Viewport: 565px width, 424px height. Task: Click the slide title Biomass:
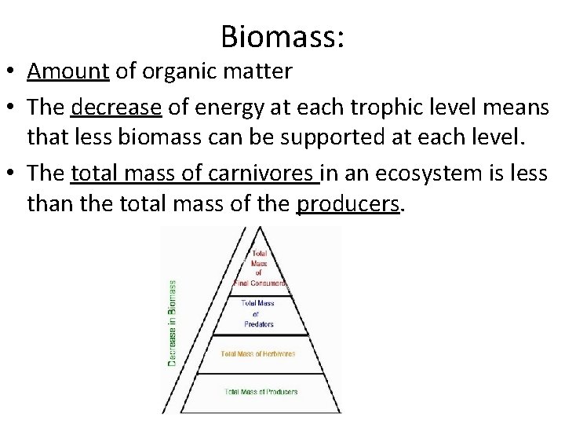click(282, 35)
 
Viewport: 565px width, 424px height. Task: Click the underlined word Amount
click(67, 71)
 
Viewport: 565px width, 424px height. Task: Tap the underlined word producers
click(348, 205)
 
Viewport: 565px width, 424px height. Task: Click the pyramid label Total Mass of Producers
click(261, 392)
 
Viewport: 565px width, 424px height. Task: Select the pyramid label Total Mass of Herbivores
click(258, 354)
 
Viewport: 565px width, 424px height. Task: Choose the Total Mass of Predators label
click(258, 313)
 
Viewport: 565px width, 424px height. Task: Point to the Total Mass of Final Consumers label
click(260, 268)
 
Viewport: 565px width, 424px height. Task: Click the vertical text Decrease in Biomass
click(172, 323)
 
